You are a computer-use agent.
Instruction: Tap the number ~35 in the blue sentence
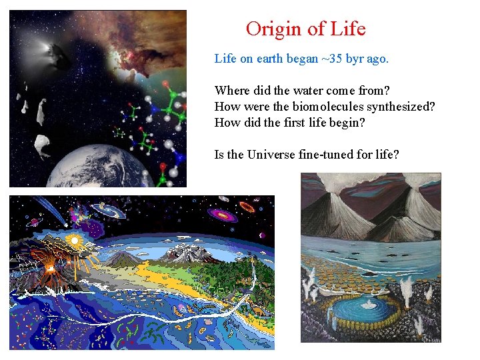pos(332,59)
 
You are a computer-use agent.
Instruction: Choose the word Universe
pos(273,155)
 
